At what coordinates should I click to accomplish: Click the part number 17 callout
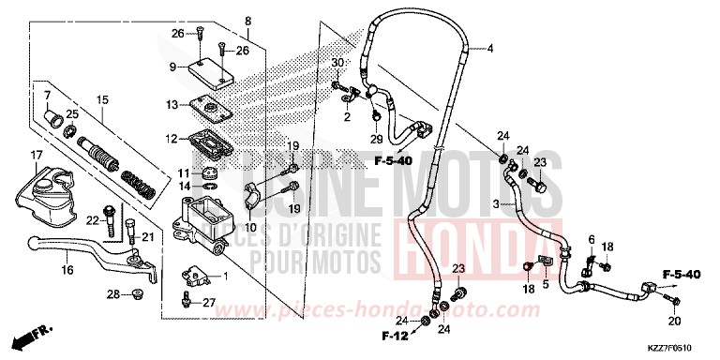pyautogui.click(x=37, y=155)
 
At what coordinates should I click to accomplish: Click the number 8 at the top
pyautogui.click(x=247, y=21)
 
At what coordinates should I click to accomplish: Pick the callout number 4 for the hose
pyautogui.click(x=489, y=48)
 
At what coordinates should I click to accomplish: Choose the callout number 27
pyautogui.click(x=210, y=301)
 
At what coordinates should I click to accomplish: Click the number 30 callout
pyautogui.click(x=336, y=63)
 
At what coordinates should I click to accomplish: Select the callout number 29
pyautogui.click(x=377, y=139)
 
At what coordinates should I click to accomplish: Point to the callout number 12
pyautogui.click(x=172, y=139)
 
